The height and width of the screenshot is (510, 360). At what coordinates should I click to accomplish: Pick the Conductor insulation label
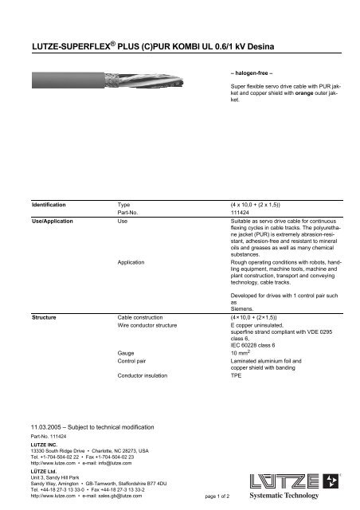coord(148,374)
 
